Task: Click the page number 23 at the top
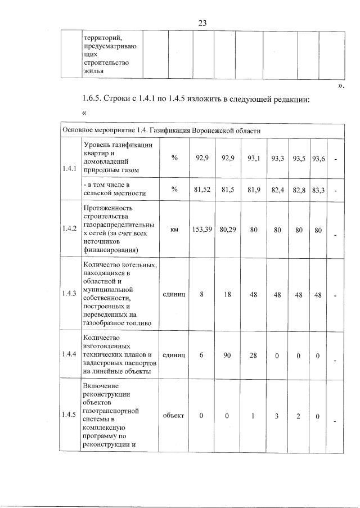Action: (x=203, y=23)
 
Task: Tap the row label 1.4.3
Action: (x=70, y=293)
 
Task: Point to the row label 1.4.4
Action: (x=70, y=356)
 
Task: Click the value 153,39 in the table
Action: (x=202, y=229)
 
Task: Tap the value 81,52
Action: (x=202, y=191)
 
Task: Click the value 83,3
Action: (x=318, y=191)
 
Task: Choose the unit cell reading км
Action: (x=174, y=229)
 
